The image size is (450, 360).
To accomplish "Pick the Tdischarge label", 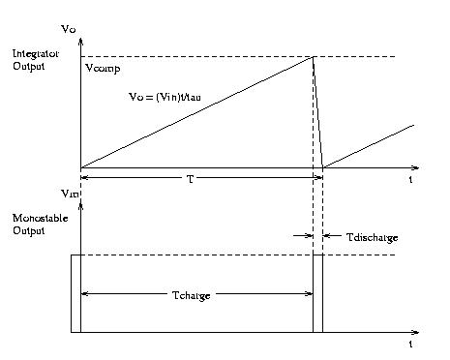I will (x=373, y=236).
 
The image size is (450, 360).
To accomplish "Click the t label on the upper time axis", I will (x=411, y=180).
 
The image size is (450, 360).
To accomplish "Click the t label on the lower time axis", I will (x=411, y=345).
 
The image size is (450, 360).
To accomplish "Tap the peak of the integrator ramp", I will (x=313, y=57).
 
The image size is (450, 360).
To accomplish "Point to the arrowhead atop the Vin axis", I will (x=80, y=207).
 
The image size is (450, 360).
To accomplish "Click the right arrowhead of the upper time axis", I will (x=415, y=167).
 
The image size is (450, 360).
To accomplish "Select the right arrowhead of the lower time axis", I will (x=415, y=332).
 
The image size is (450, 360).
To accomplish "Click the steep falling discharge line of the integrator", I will (x=317, y=111).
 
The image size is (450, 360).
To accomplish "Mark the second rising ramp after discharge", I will (x=369, y=146).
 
